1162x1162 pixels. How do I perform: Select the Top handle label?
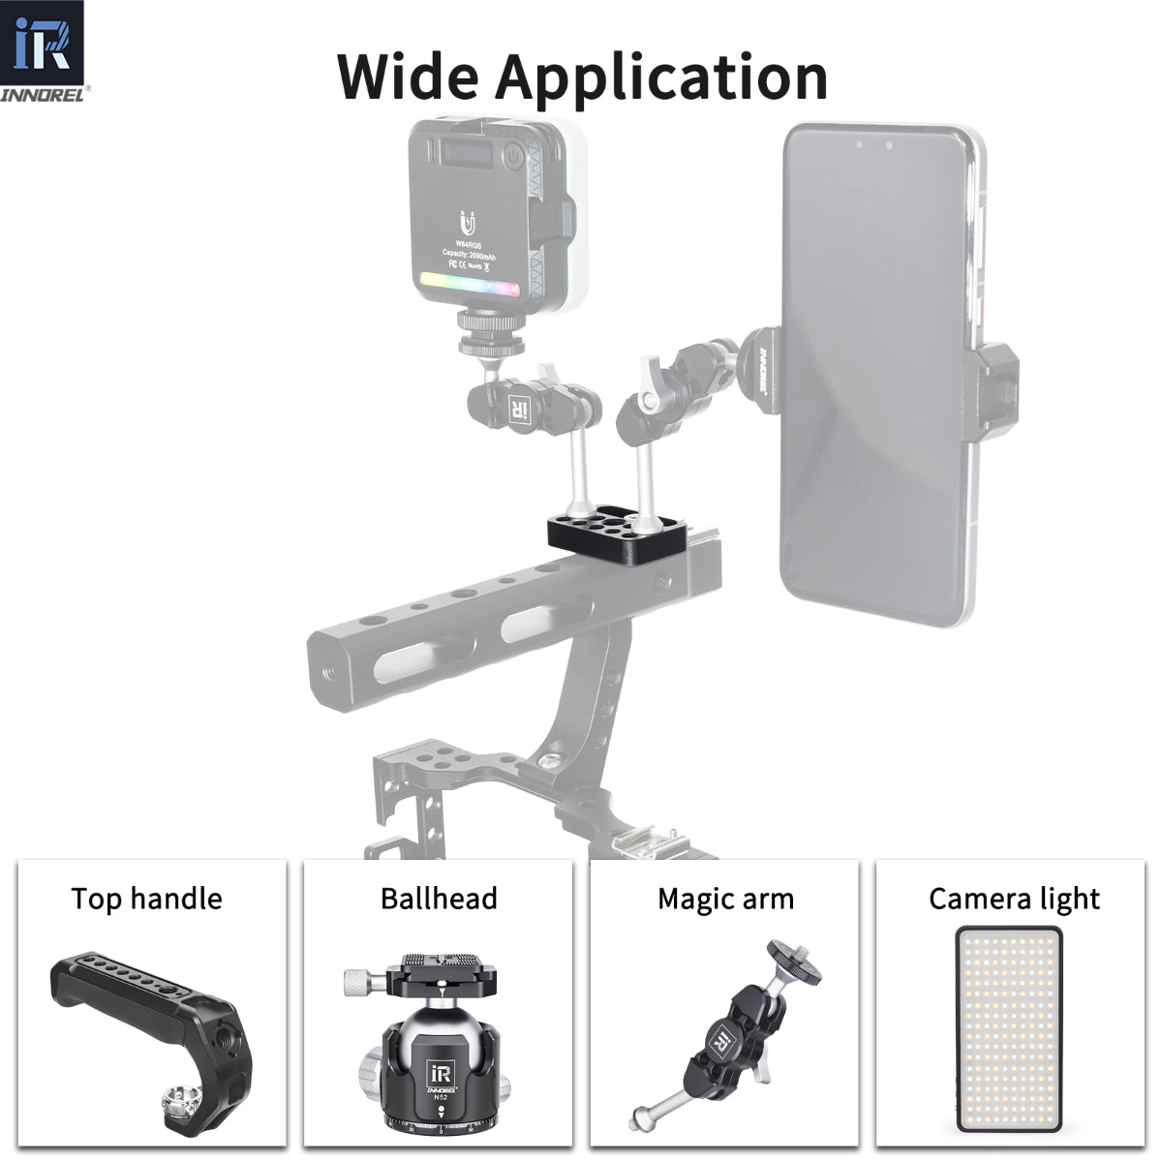tap(146, 899)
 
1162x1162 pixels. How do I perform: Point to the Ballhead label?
tap(439, 899)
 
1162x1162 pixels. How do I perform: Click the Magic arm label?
tap(725, 899)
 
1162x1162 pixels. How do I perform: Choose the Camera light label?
tap(1014, 900)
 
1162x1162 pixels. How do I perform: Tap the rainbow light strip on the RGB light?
tap(470, 285)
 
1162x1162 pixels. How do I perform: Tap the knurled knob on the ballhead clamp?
tap(360, 983)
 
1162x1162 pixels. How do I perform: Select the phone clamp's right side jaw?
tap(999, 387)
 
